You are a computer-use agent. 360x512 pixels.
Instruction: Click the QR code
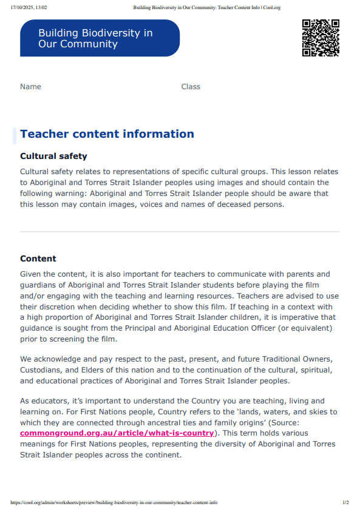320,38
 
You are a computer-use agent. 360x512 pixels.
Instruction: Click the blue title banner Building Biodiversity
100,38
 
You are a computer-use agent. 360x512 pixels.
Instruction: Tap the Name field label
30,87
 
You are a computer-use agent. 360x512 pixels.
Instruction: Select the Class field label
191,87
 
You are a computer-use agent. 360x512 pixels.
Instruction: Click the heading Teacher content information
107,134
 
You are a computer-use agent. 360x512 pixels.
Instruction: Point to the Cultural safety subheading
53,156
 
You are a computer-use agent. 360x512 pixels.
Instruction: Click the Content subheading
38,258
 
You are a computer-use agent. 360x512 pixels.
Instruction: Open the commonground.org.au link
117,433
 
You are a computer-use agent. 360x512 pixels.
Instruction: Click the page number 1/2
345,503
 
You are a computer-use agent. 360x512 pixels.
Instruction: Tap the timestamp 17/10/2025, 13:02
29,7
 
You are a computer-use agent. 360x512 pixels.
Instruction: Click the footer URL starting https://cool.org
114,503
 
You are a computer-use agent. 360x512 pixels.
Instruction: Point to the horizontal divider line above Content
180,232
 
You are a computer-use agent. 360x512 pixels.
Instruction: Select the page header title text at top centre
206,7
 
